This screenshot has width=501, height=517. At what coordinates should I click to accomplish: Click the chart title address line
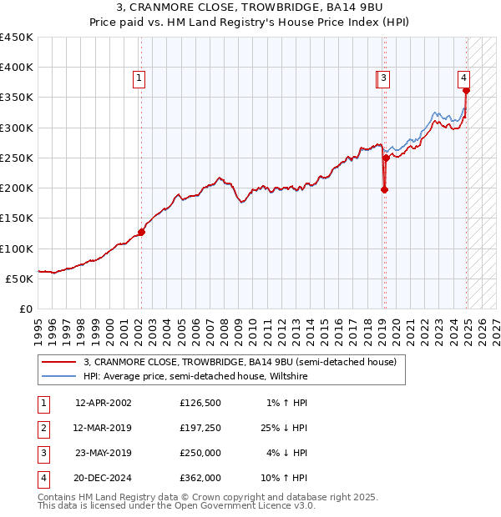coord(250,9)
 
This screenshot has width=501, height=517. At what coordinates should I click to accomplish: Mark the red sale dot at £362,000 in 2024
coord(466,91)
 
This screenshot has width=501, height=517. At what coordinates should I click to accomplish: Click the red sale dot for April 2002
coord(141,233)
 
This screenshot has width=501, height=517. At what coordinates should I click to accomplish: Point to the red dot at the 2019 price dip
coord(384,189)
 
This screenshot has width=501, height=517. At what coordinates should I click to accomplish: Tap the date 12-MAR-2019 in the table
coord(103,428)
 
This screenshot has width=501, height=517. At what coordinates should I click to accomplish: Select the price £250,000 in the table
coord(200,453)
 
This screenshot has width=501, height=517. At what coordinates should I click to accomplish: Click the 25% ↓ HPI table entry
coord(282,428)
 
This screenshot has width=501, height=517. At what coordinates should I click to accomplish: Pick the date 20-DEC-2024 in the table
coord(103,479)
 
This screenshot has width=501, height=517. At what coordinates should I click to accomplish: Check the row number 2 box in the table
coord(42,428)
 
